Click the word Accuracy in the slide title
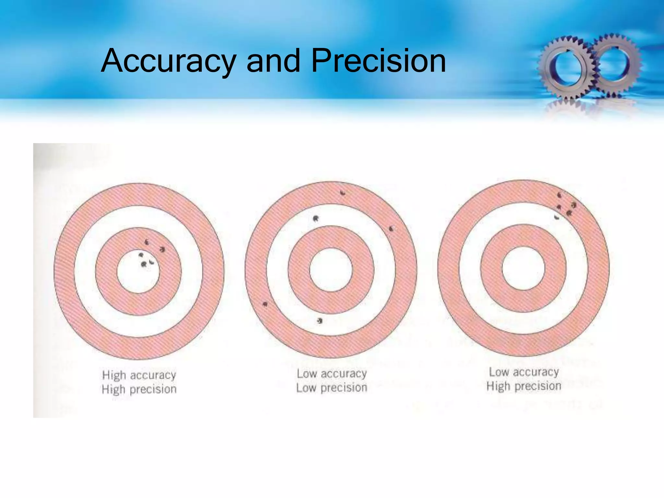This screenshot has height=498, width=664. click(168, 61)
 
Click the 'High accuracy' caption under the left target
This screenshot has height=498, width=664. click(139, 375)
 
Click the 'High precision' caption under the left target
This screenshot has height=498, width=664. click(139, 389)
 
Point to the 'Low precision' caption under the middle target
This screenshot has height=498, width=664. click(332, 388)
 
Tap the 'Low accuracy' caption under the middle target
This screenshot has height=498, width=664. click(332, 373)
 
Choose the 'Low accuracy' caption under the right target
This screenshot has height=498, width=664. click(524, 372)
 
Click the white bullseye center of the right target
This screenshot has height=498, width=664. click(523, 268)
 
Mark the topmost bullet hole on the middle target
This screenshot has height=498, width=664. click(342, 193)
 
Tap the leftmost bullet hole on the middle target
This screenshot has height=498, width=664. click(265, 304)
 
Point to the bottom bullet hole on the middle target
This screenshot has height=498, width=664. click(320, 321)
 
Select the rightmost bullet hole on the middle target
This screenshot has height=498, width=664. click(391, 229)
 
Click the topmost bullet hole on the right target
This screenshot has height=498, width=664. click(559, 195)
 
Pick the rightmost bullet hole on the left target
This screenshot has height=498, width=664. click(162, 249)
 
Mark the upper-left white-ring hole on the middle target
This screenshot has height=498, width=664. click(315, 219)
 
